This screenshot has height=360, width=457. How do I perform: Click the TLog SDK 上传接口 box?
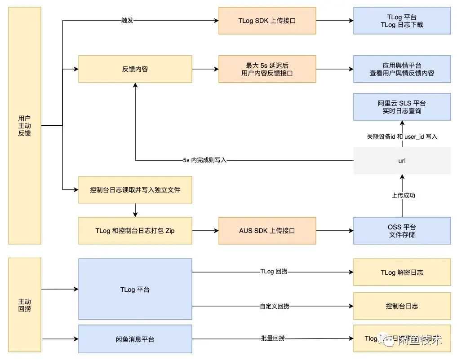pyautogui.click(x=267, y=21)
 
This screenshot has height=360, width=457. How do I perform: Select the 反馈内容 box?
pyautogui.click(x=135, y=69)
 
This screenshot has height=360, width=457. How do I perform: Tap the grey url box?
pyautogui.click(x=402, y=161)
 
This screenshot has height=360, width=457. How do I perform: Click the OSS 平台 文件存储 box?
pyautogui.click(x=402, y=231)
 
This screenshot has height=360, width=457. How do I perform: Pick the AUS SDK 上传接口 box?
pyautogui.click(x=267, y=231)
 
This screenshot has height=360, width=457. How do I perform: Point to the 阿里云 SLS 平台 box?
pyautogui.click(x=402, y=107)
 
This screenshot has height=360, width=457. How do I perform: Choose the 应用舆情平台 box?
pyautogui.click(x=402, y=69)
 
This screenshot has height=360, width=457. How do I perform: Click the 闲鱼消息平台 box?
pyautogui.click(x=135, y=339)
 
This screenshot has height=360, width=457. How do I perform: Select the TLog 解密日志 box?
pyautogui.click(x=402, y=272)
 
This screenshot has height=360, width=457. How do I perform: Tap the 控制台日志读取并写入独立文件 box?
pyautogui.click(x=135, y=190)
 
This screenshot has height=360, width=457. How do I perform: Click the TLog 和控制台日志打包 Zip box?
pyautogui.click(x=135, y=231)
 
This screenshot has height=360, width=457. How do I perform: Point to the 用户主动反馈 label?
pyautogui.click(x=25, y=126)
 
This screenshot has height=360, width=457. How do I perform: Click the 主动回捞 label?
pyautogui.click(x=25, y=305)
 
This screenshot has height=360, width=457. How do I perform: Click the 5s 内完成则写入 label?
pyautogui.click(x=204, y=160)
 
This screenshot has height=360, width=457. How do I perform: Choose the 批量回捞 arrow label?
pyautogui.click(x=272, y=338)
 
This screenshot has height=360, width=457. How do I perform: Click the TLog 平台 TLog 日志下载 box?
pyautogui.click(x=402, y=21)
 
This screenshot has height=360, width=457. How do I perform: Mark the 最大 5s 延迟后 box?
pyautogui.click(x=267, y=69)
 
